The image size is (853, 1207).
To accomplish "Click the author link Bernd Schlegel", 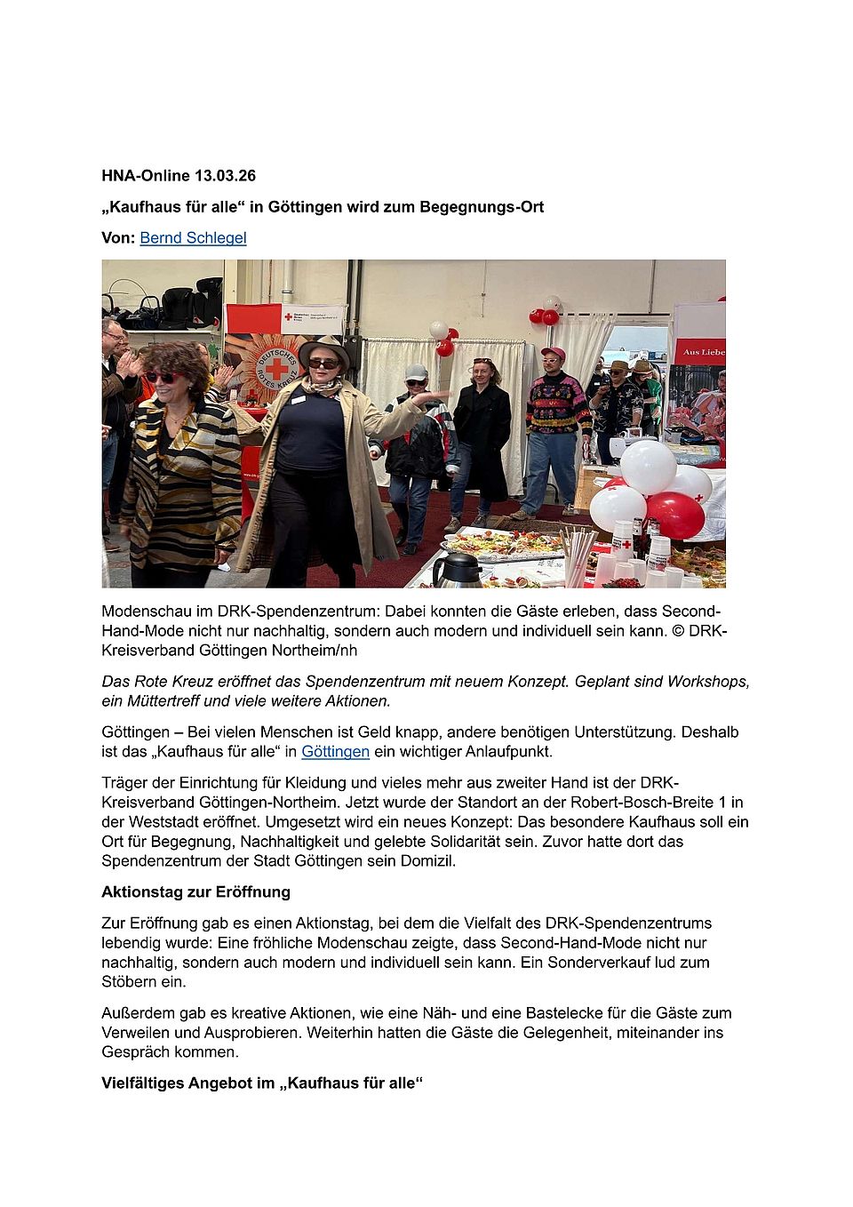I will pyautogui.click(x=193, y=238).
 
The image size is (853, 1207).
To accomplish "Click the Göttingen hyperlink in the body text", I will pyautogui.click(x=335, y=752).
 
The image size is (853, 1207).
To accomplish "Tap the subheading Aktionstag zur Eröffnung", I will pyautogui.click(x=195, y=892).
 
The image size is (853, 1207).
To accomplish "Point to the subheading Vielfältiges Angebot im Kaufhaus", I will pyautogui.click(x=262, y=1083).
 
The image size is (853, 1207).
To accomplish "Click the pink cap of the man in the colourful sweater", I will pyautogui.click(x=553, y=353).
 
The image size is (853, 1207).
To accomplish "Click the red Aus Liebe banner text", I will pyautogui.click(x=704, y=353).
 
